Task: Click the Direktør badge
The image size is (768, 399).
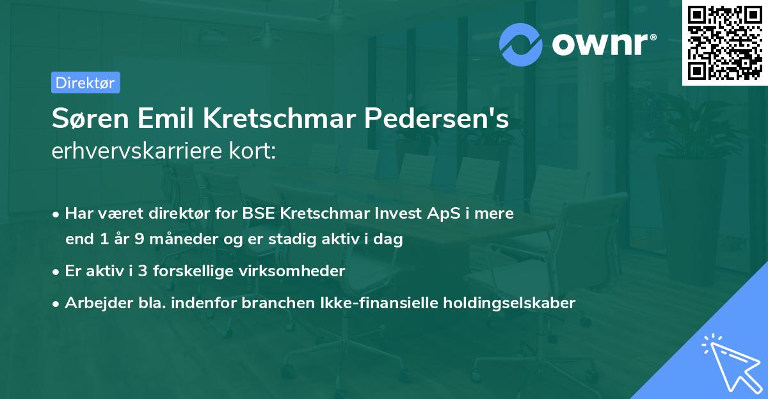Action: tap(85, 82)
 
